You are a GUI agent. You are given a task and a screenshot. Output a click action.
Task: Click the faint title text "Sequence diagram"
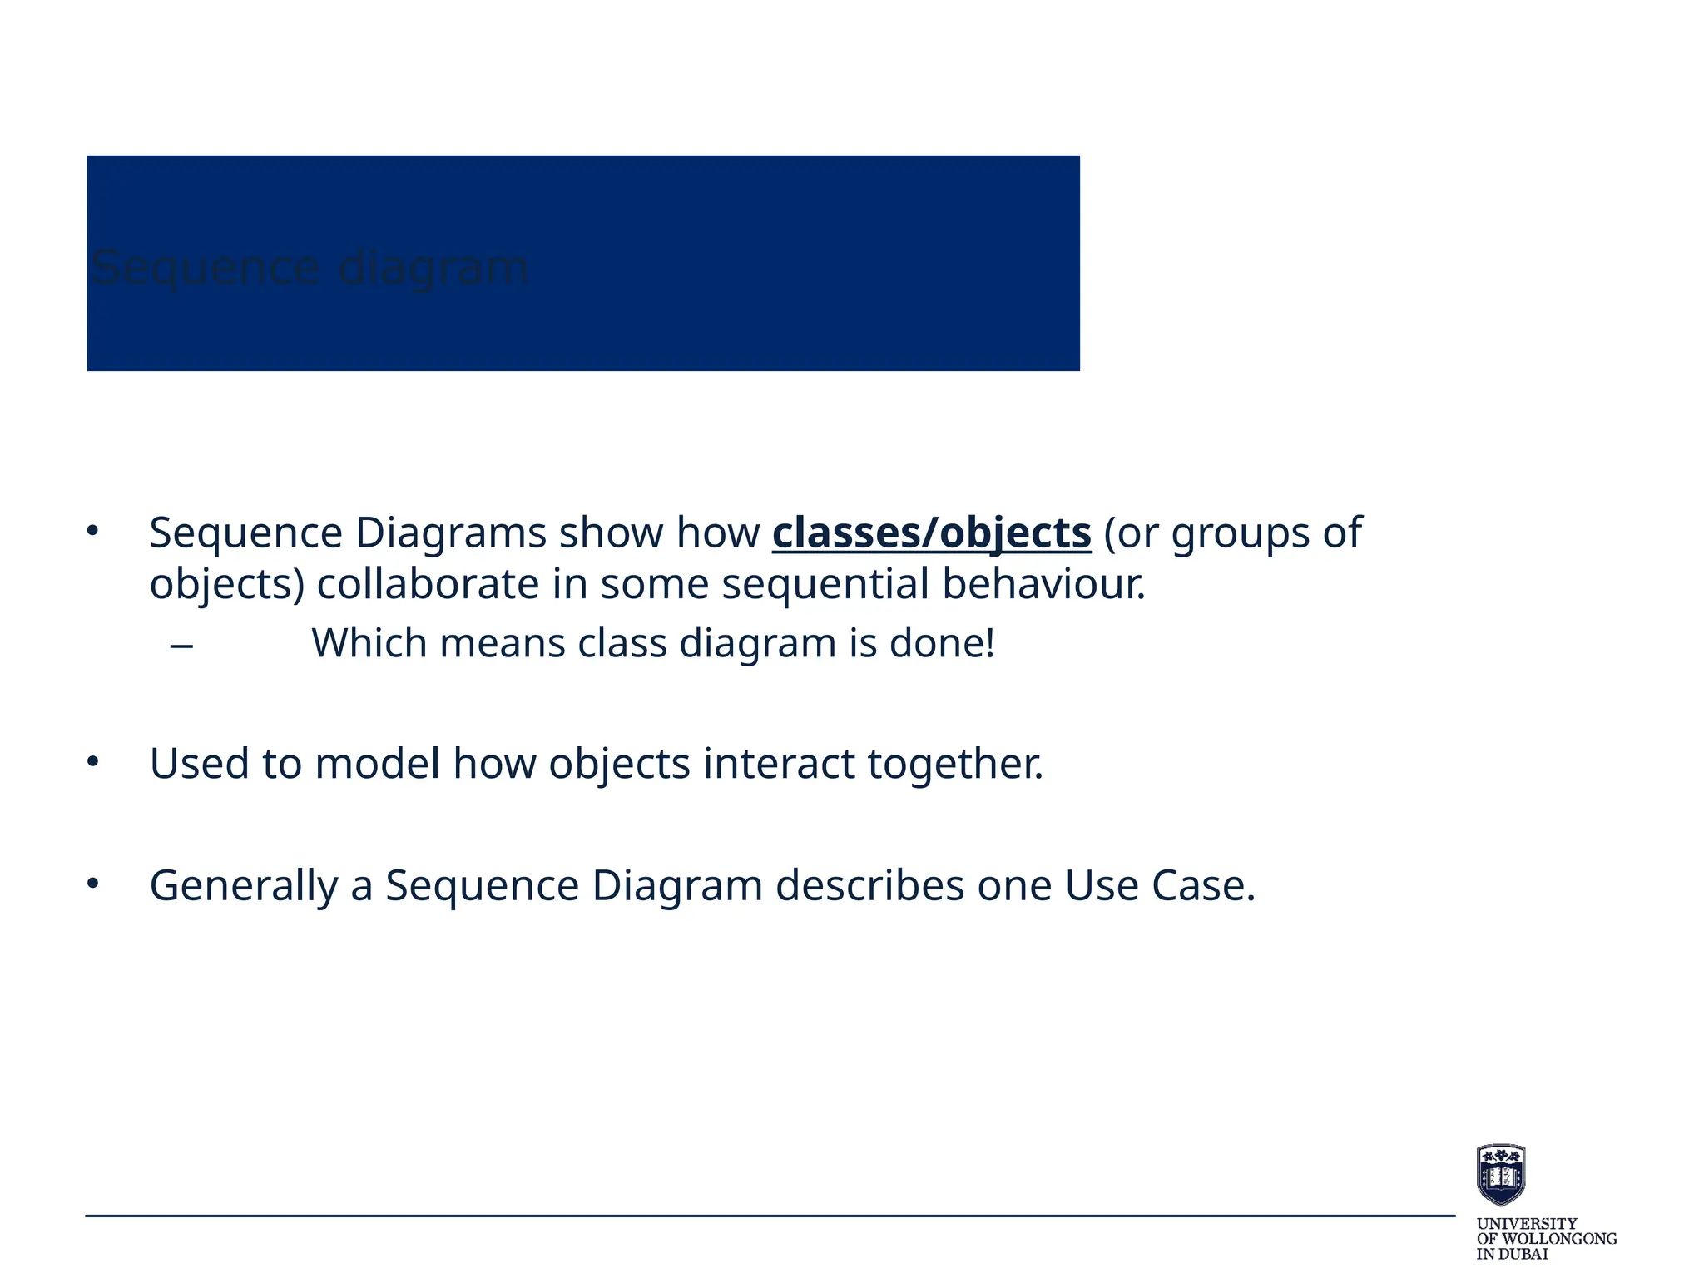pyautogui.click(x=309, y=268)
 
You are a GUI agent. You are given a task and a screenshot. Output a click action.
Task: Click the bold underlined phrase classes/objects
pyautogui.click(x=931, y=532)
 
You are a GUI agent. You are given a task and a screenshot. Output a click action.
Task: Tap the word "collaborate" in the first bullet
pyautogui.click(x=428, y=583)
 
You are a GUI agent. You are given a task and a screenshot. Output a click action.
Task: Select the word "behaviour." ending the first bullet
pyautogui.click(x=1043, y=583)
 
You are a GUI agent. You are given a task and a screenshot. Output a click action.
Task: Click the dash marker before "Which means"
pyautogui.click(x=181, y=645)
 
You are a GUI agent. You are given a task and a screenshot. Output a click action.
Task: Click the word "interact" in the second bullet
pyautogui.click(x=778, y=763)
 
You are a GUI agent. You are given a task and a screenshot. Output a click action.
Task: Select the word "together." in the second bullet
pyautogui.click(x=955, y=764)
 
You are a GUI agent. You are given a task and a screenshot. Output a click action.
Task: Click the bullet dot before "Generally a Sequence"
pyautogui.click(x=92, y=884)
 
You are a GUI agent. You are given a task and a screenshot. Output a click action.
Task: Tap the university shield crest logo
pyautogui.click(x=1500, y=1174)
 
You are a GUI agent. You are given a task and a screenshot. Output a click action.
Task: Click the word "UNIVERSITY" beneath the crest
pyautogui.click(x=1526, y=1224)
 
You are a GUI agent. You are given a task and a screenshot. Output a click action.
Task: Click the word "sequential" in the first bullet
pyautogui.click(x=825, y=583)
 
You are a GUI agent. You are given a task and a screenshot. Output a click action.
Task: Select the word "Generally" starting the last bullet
pyautogui.click(x=243, y=885)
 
